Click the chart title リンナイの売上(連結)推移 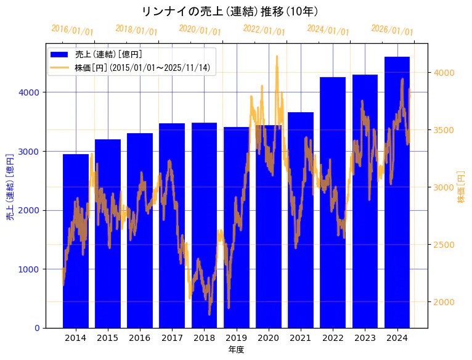pyautogui.click(x=230, y=12)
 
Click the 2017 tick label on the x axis pyautogui.click(x=172, y=338)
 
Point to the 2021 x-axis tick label pyautogui.click(x=301, y=338)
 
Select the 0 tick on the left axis pyautogui.click(x=37, y=328)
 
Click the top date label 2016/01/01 pyautogui.click(x=73, y=30)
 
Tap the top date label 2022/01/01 pyautogui.click(x=264, y=30)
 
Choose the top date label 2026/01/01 pyautogui.click(x=392, y=30)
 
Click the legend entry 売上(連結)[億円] pyautogui.click(x=108, y=54)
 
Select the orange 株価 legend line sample pyautogui.click(x=60, y=68)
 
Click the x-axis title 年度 pyautogui.click(x=236, y=350)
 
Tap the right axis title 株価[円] pyautogui.click(x=461, y=187)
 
